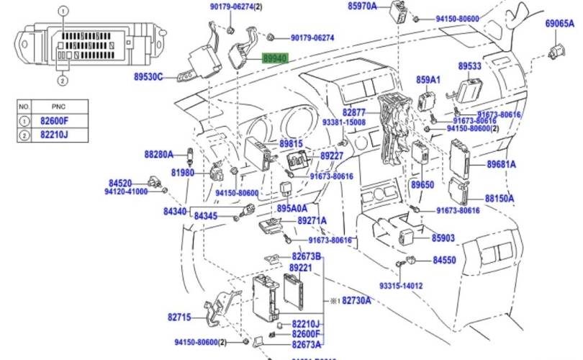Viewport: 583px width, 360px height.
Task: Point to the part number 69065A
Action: pos(559,24)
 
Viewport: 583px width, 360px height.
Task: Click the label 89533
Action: pos(470,66)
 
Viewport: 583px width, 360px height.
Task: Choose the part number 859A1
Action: pos(428,79)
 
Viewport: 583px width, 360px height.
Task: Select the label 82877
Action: pos(354,113)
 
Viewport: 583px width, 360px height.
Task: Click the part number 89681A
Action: pos(501,164)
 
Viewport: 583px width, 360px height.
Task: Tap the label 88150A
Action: pos(500,197)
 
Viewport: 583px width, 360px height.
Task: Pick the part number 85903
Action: pos(443,238)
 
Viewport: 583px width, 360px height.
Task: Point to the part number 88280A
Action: pos(159,154)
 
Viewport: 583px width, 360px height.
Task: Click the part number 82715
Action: pos(180,317)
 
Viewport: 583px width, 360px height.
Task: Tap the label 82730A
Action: pos(356,300)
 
